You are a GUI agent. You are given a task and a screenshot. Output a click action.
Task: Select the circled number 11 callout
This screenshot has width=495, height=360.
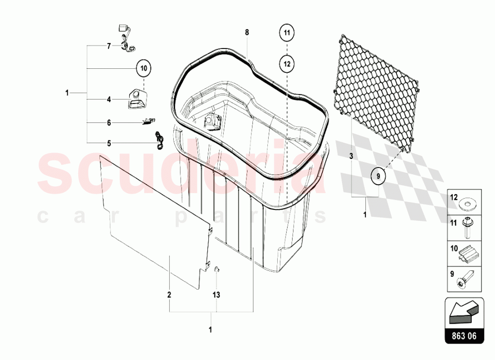(x=288, y=34)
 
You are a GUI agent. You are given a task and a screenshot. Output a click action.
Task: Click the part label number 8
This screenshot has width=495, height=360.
(x=247, y=32)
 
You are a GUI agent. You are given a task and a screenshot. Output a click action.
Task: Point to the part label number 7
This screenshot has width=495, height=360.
(x=108, y=46)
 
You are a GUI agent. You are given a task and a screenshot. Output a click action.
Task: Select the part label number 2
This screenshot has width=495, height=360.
(x=169, y=294)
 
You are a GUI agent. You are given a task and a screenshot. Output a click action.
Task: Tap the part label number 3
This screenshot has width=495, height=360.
(x=350, y=155)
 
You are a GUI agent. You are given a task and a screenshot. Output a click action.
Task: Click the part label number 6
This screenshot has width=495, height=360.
(x=108, y=122)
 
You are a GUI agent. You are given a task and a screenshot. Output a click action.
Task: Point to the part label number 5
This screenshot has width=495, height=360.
(x=108, y=143)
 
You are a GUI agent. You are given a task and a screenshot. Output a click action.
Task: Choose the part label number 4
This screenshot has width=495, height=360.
(x=108, y=99)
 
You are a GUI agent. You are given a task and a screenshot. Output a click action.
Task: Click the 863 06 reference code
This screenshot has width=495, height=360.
(x=464, y=336)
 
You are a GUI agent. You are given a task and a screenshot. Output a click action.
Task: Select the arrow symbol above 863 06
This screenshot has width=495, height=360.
(x=463, y=311)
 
